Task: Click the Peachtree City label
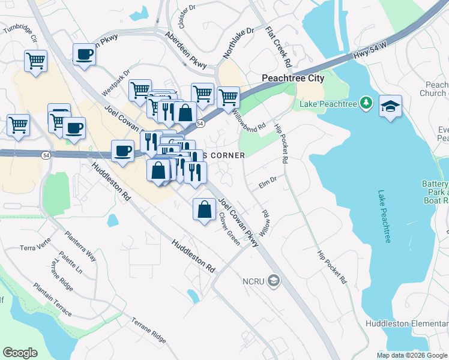point(293,78)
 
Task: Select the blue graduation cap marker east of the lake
point(390,106)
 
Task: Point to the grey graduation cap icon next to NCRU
point(274,280)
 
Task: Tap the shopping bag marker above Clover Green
point(204,209)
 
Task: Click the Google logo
point(20,353)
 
